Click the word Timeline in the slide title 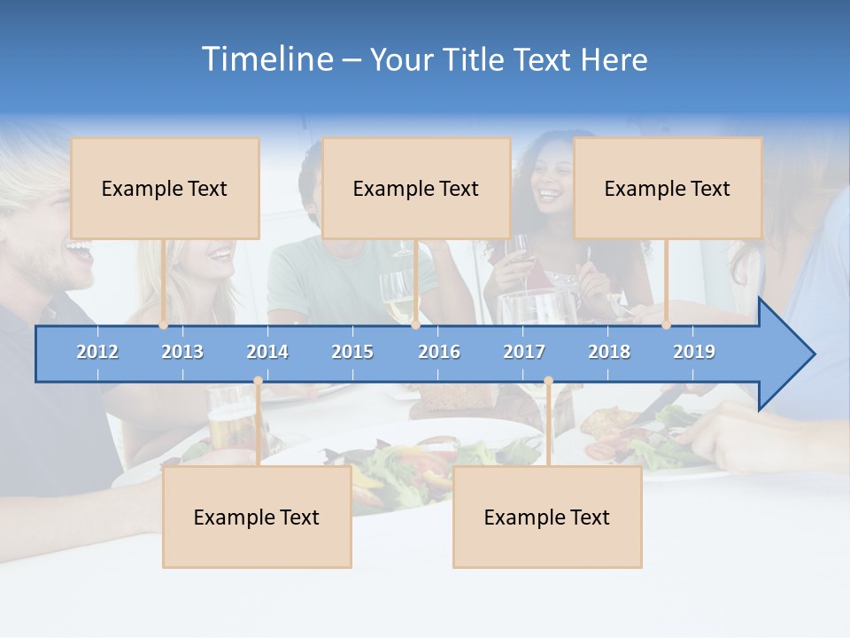(x=267, y=59)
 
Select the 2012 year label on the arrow (x=97, y=352)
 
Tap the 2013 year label (x=182, y=352)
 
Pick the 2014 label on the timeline (x=267, y=352)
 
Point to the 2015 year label (x=352, y=352)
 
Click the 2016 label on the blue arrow (x=439, y=352)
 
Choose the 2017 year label (x=524, y=352)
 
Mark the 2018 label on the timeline (x=609, y=352)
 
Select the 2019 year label (x=694, y=352)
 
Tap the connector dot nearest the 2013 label (x=164, y=325)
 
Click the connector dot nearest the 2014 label (x=258, y=381)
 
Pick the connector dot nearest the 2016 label (x=415, y=325)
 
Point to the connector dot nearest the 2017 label (x=548, y=381)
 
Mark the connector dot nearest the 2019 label (x=667, y=325)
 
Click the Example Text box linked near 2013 (x=165, y=188)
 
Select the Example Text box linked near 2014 (x=257, y=517)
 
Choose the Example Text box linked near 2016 (x=416, y=188)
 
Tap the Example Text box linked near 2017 (x=547, y=517)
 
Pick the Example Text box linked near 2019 (x=668, y=188)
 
